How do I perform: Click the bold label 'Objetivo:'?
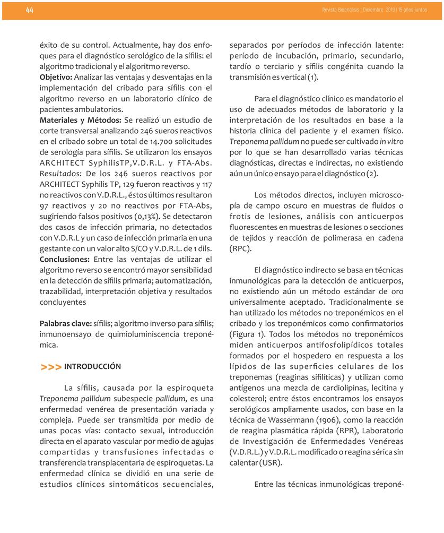click(56, 78)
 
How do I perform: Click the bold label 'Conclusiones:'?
click(65, 259)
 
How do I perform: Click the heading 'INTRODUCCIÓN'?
click(92, 367)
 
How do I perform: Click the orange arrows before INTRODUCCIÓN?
click(50, 367)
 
